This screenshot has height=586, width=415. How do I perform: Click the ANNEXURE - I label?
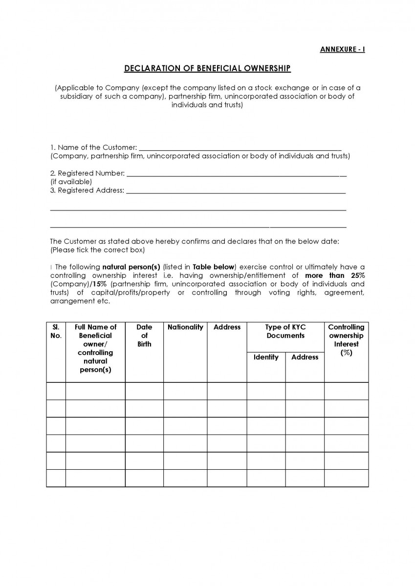(x=342, y=49)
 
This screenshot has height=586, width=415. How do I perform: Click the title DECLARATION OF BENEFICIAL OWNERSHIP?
(x=207, y=68)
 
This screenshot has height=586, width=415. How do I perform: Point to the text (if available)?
(x=71, y=182)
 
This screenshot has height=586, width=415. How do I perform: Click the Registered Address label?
(x=87, y=190)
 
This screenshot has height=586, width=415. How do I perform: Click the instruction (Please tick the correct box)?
(x=97, y=250)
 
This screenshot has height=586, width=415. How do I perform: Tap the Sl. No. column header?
(x=56, y=332)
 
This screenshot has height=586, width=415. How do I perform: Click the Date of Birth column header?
(x=144, y=335)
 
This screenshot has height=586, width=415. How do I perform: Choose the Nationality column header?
(x=185, y=327)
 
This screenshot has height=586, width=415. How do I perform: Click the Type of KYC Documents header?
(x=285, y=332)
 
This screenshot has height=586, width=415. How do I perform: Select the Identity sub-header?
(x=266, y=357)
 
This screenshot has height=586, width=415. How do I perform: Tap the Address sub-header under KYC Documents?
(x=305, y=357)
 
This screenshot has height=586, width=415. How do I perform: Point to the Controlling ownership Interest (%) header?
(x=346, y=340)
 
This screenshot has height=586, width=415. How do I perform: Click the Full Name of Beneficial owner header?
(x=95, y=348)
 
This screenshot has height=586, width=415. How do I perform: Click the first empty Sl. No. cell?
(x=56, y=391)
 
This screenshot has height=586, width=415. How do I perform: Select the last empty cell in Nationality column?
(x=185, y=478)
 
